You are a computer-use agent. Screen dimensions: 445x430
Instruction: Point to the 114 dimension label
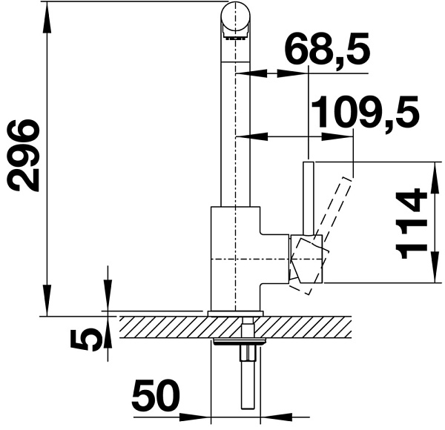[x=411, y=223]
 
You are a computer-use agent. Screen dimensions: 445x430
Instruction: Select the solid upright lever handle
[x=309, y=199]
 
